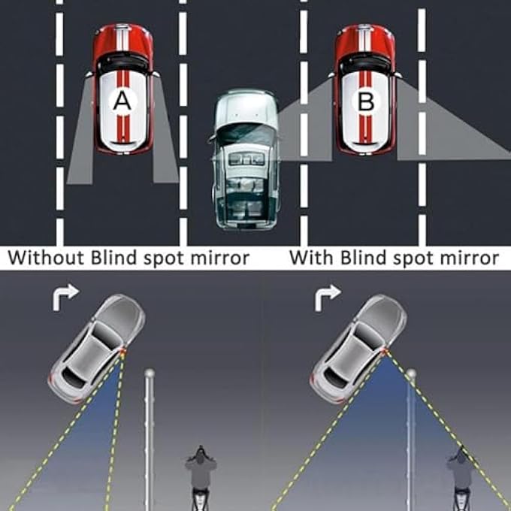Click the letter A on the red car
point(122,102)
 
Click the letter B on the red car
point(365,102)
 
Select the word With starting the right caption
point(311,258)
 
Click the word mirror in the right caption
point(469,258)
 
